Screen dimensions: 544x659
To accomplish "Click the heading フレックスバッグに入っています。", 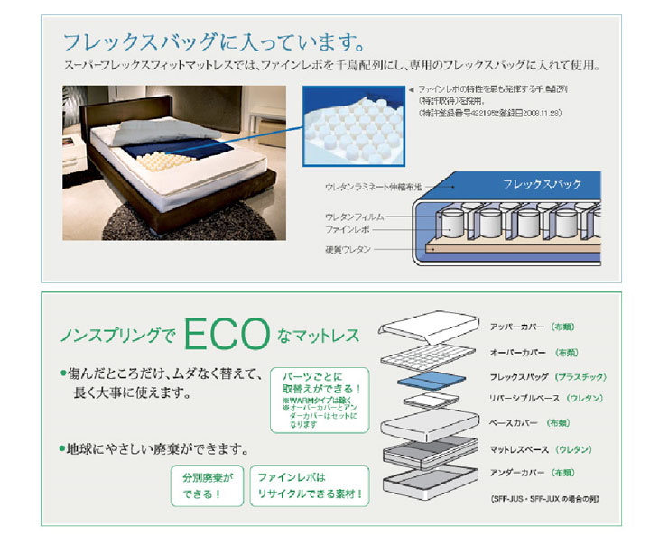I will (x=213, y=41).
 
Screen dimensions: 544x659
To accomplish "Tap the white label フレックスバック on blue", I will (x=541, y=184).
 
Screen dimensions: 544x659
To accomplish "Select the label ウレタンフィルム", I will (x=355, y=217).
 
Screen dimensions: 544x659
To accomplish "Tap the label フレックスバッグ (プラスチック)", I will (x=547, y=376).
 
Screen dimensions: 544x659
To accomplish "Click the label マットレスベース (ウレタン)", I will (x=540, y=448).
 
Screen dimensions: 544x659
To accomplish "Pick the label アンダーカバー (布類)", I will (x=533, y=472).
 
